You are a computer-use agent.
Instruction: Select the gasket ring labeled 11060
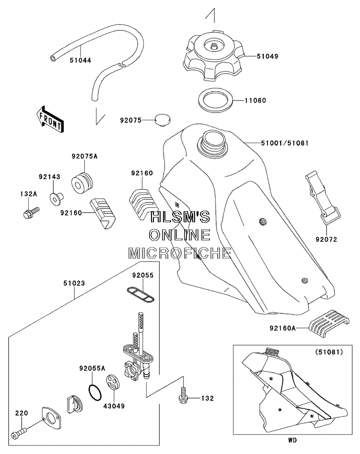point(216,101)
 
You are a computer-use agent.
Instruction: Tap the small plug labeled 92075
point(162,120)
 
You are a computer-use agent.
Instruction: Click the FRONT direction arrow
point(49,119)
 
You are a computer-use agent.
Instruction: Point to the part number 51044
point(80,60)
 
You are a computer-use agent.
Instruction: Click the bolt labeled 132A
point(30,212)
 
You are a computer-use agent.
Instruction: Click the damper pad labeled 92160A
point(329,324)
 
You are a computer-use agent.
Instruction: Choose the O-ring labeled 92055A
point(95,393)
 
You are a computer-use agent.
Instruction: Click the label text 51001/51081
point(285,143)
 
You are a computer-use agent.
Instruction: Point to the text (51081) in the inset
point(329,352)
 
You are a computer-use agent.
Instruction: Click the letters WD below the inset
point(292,440)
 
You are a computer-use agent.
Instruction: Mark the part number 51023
point(74,283)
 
